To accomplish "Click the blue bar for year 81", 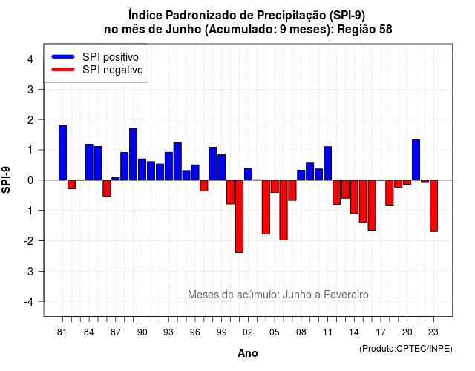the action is click(62, 153).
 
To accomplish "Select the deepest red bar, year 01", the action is click(239, 216).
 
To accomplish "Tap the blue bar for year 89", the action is click(134, 154).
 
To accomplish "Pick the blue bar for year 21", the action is click(416, 160).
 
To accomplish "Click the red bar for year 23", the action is click(433, 206).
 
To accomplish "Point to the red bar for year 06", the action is click(284, 210).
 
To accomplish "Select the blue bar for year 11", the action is click(327, 163).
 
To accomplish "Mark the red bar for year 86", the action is click(107, 188).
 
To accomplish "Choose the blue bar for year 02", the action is click(248, 174).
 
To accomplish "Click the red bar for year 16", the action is click(372, 206).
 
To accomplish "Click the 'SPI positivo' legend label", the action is click(111, 57).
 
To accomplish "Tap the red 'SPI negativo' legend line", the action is click(63, 70).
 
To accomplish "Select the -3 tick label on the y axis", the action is click(29, 271).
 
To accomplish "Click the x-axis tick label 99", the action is click(221, 332).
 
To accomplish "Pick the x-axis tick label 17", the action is click(381, 332).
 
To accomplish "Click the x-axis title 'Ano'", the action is click(247, 353).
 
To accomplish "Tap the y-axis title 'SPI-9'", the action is click(6, 180).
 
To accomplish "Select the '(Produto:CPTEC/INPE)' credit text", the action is click(406, 349).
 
